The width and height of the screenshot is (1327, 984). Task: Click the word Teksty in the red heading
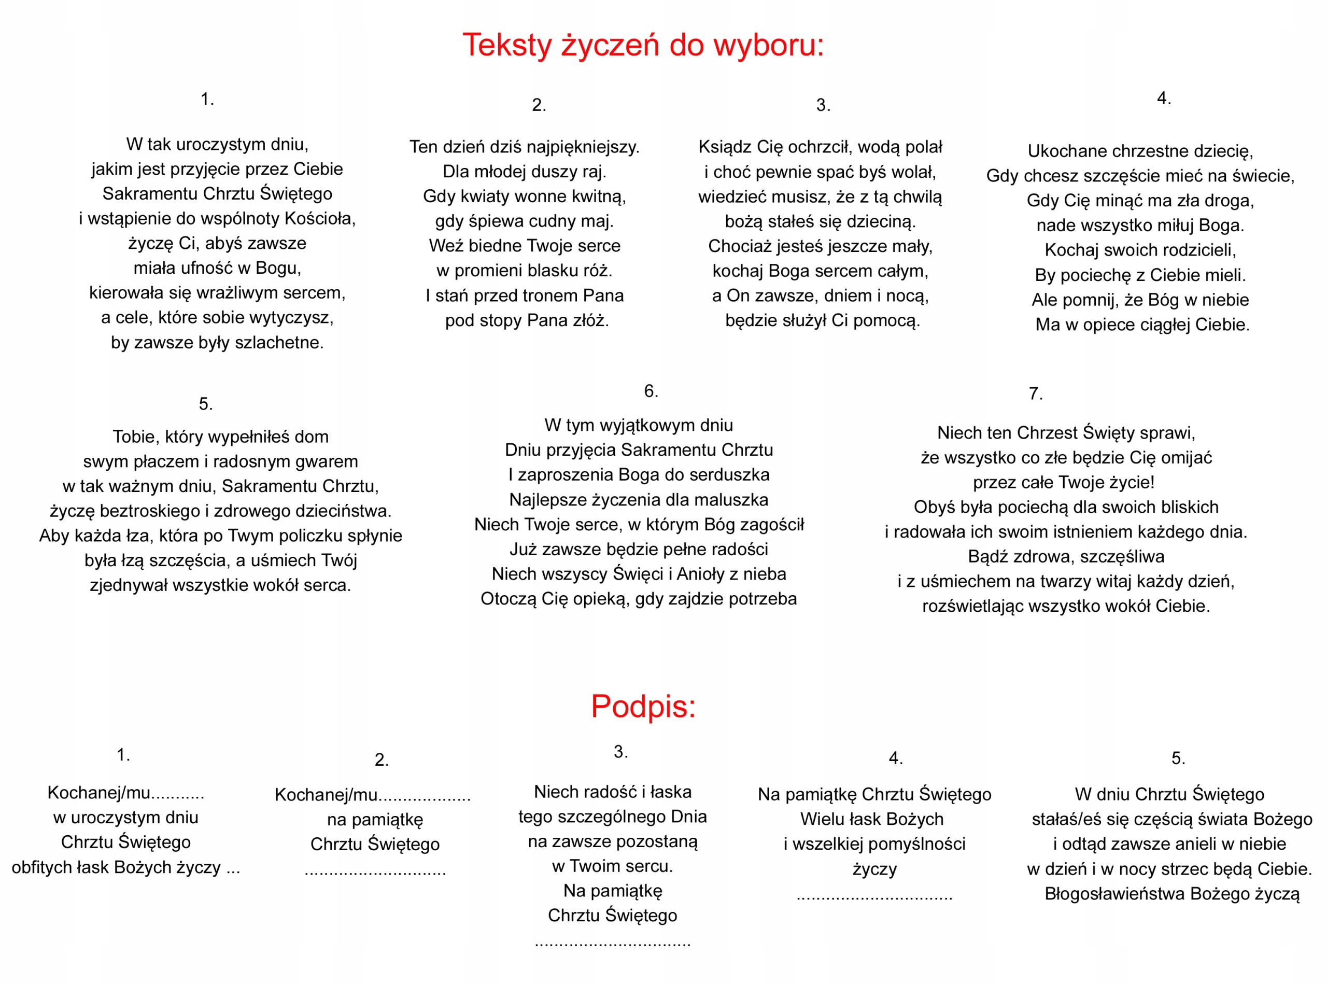(507, 45)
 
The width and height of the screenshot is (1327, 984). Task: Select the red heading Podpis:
(643, 707)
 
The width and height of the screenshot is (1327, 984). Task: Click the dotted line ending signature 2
(375, 871)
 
